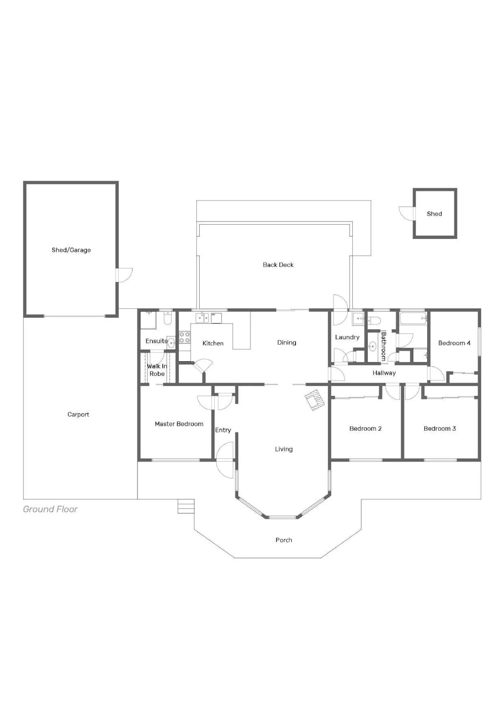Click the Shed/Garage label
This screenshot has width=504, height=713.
click(x=71, y=250)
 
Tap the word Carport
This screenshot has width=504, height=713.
click(x=78, y=414)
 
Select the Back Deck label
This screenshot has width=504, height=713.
click(x=278, y=265)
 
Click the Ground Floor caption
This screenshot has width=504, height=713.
click(x=50, y=509)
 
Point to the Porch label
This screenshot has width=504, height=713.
click(x=284, y=540)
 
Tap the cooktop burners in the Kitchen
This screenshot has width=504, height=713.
click(x=184, y=338)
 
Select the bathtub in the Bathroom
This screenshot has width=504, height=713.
click(x=413, y=318)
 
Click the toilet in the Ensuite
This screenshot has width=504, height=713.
click(x=168, y=318)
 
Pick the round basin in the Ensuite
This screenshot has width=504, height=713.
click(x=171, y=343)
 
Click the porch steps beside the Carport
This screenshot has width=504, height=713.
click(x=186, y=506)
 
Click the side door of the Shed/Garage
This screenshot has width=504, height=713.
click(x=124, y=275)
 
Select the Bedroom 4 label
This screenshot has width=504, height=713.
click(x=454, y=343)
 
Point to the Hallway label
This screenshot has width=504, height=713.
click(x=384, y=373)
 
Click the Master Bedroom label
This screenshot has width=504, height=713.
click(x=179, y=424)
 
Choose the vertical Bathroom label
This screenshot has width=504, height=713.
click(x=383, y=346)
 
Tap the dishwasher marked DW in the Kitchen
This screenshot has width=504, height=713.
click(x=216, y=318)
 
